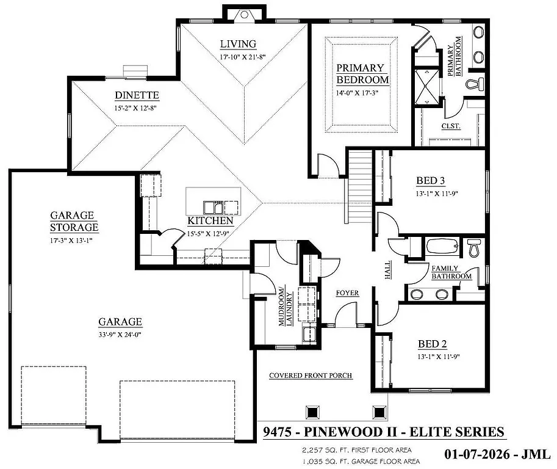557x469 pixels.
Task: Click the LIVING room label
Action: (x=238, y=44)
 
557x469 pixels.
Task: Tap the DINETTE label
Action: (x=137, y=95)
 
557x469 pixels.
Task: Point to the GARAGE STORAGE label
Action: (x=74, y=221)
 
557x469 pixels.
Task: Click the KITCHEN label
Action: (x=210, y=221)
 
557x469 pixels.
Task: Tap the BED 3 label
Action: (x=431, y=181)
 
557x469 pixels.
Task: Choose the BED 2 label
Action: (x=433, y=344)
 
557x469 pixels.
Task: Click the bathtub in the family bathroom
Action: (x=441, y=247)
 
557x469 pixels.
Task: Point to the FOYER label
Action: (x=347, y=293)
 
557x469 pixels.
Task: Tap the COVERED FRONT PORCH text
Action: (x=311, y=376)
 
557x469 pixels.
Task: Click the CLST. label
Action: (x=450, y=126)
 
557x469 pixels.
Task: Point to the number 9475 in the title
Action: (x=278, y=432)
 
